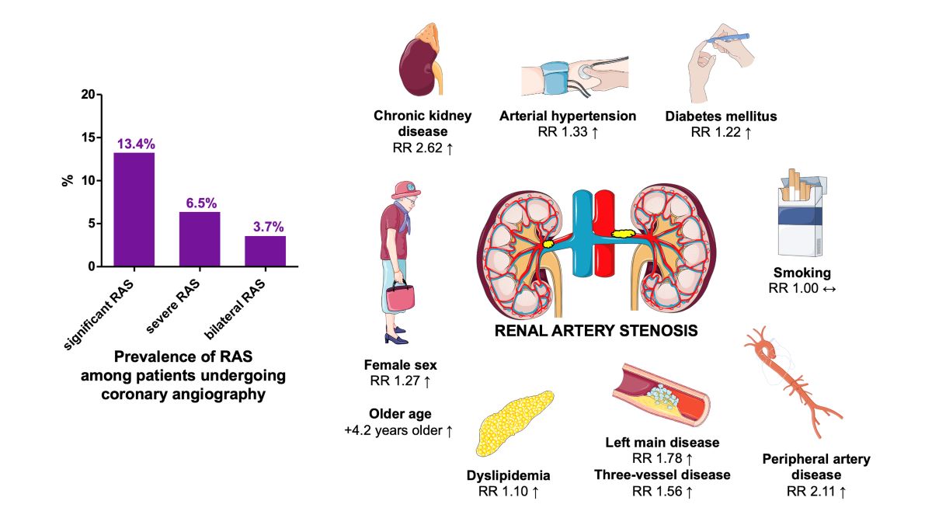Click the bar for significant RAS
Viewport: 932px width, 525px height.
coord(134,210)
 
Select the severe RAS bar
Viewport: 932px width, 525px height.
coord(200,239)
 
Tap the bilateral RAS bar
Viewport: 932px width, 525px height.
coord(265,251)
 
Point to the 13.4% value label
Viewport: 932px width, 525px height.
coord(136,144)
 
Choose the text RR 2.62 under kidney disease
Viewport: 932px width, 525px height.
coord(423,147)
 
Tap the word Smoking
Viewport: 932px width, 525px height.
coord(802,273)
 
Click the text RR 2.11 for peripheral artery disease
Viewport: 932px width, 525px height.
coord(816,490)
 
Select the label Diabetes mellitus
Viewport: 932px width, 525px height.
coord(721,116)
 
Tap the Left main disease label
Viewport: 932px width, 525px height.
coord(662,443)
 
